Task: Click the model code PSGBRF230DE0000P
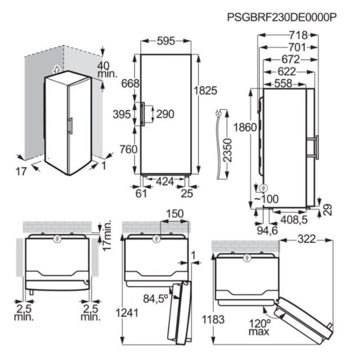point(282,17)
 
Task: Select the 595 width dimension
point(166,41)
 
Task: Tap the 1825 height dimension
point(206,90)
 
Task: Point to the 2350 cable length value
point(228,150)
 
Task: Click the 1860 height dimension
point(245,127)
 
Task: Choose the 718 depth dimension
point(298,35)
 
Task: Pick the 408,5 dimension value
point(294,220)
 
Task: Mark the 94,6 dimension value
point(267,230)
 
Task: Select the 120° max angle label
point(260,327)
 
